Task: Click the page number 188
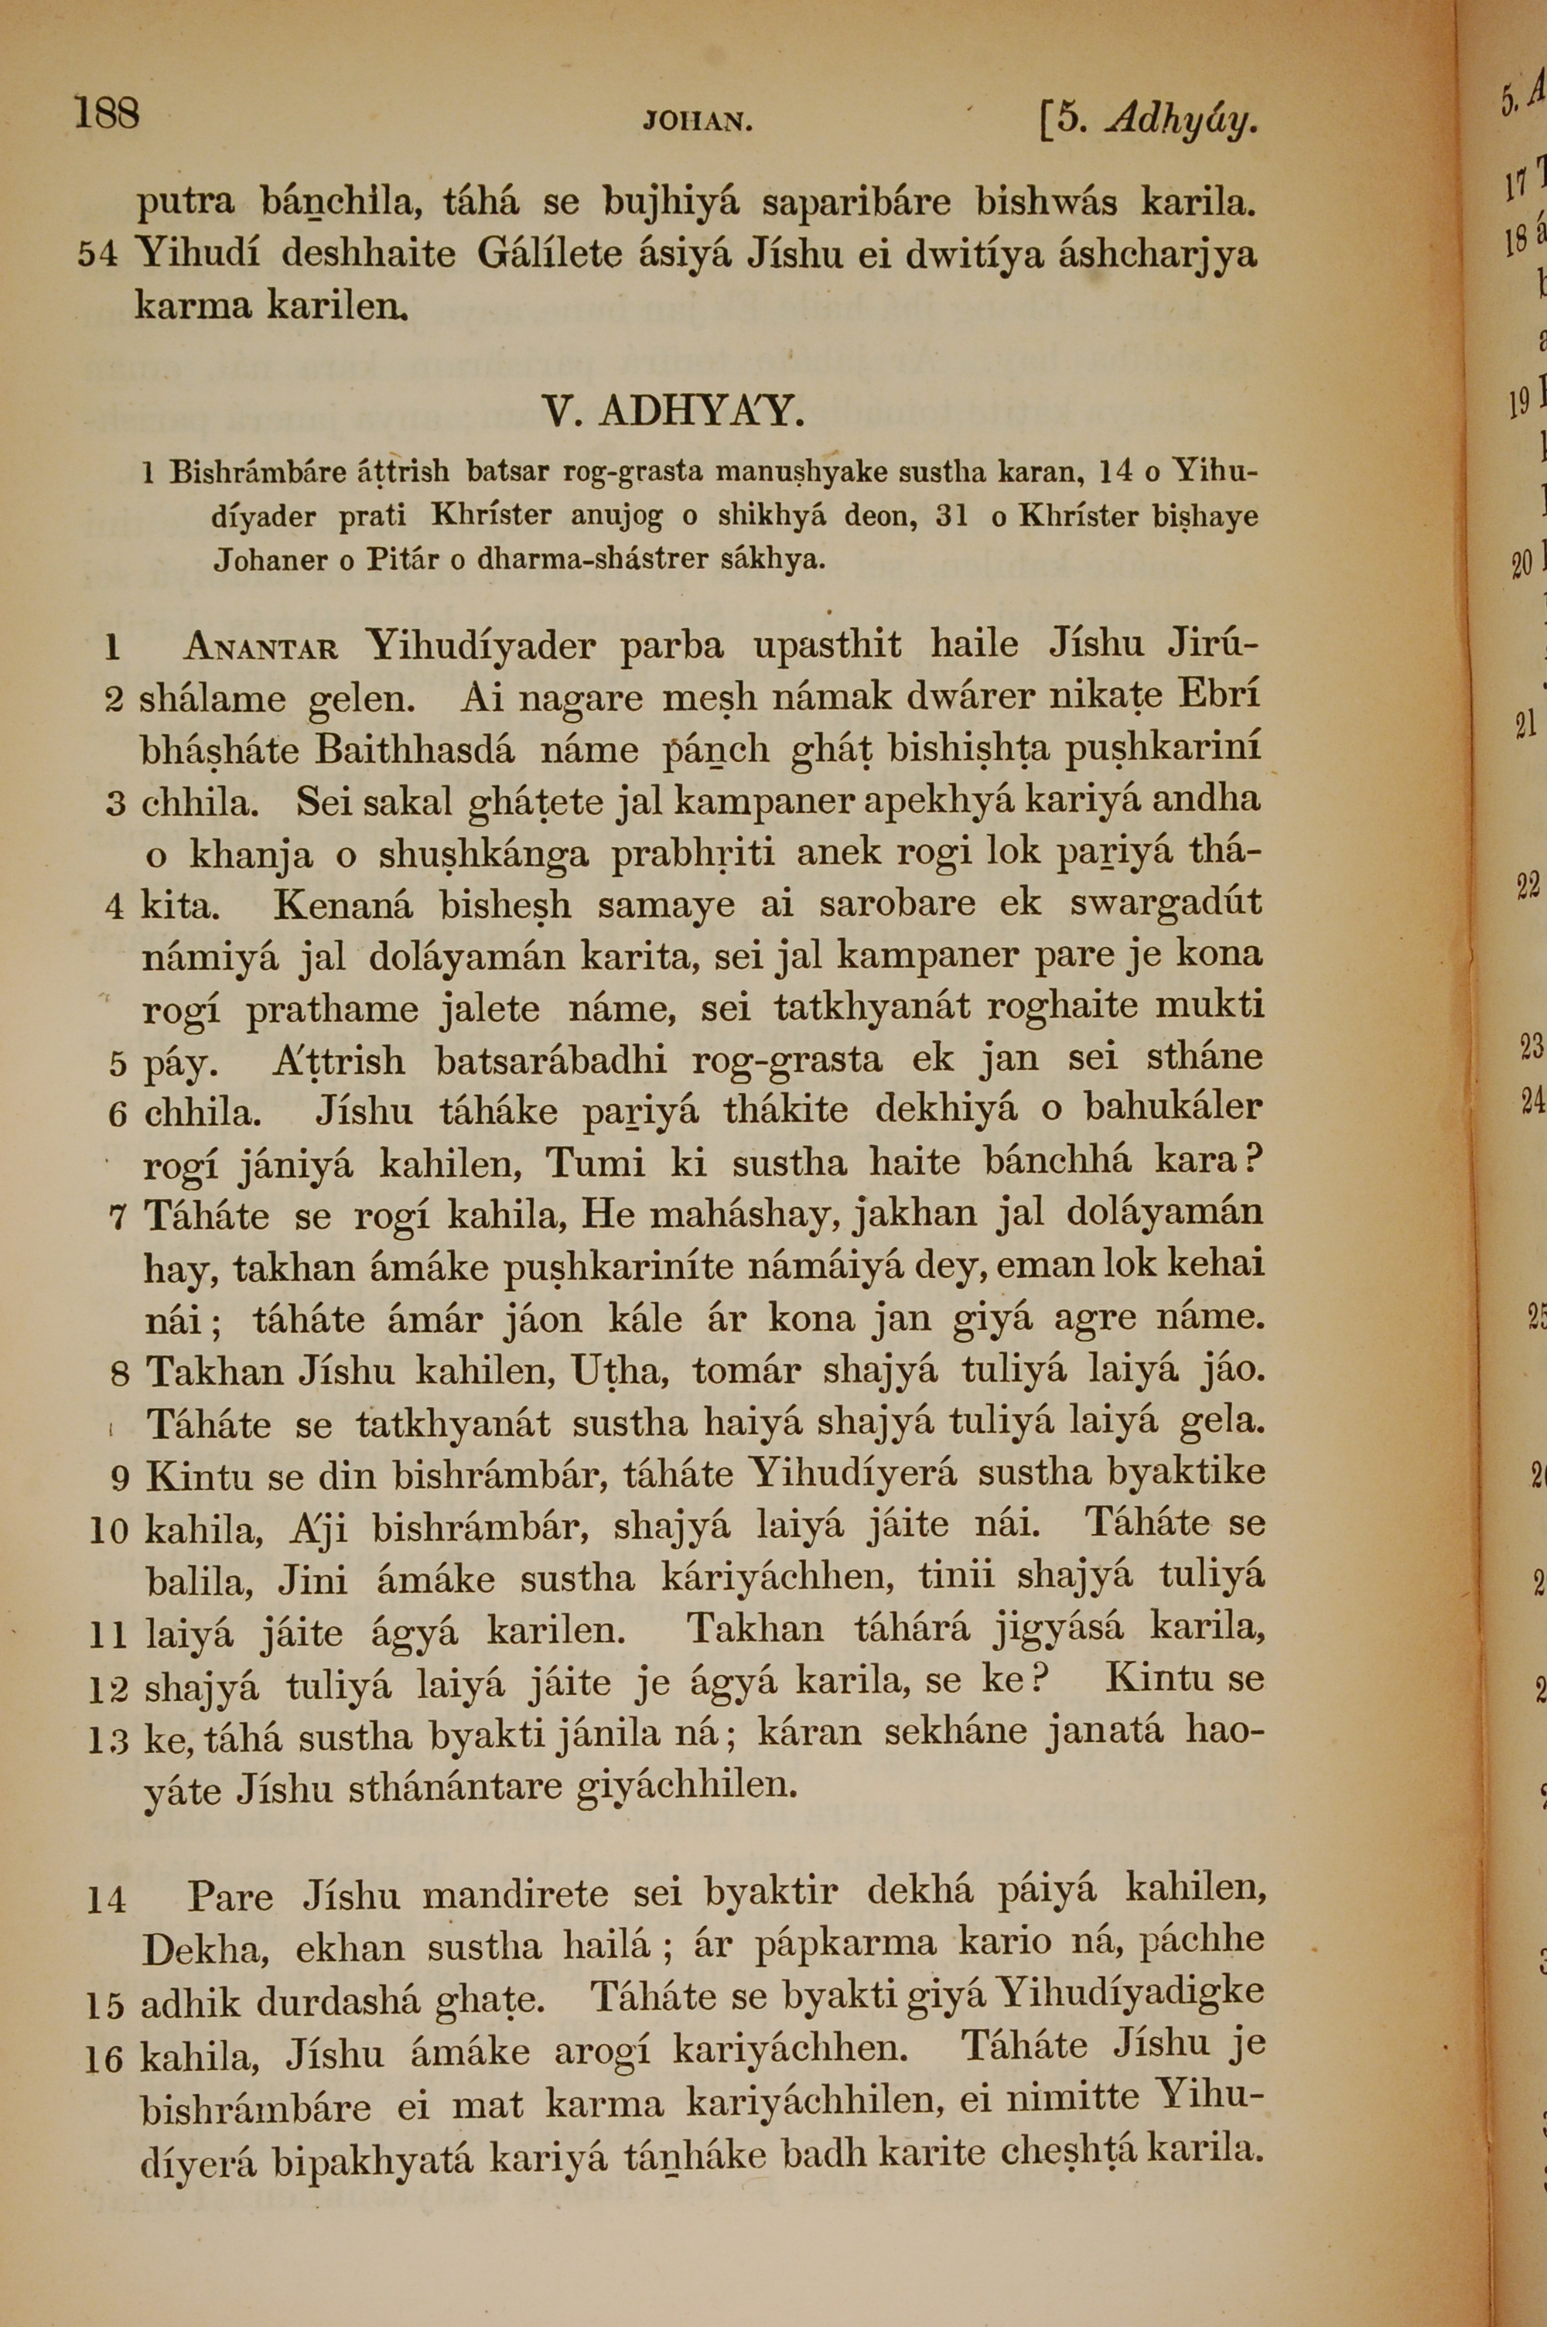tap(107, 114)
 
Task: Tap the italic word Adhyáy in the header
tap(1182, 121)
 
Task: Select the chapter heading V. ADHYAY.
tap(673, 412)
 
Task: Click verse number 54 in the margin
tap(97, 255)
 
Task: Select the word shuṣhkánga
tap(483, 853)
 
